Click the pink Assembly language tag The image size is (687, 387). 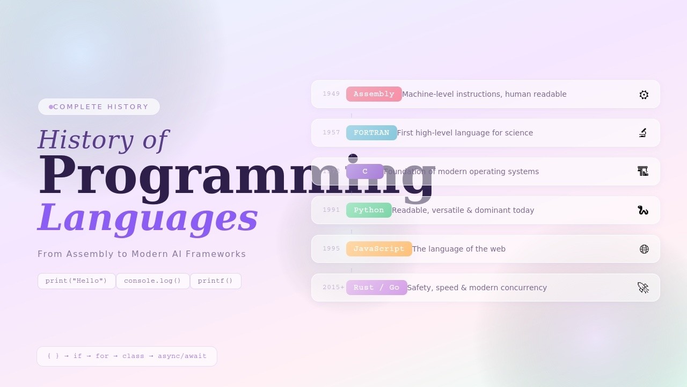374,94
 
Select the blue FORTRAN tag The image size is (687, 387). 371,133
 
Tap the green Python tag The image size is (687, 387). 369,210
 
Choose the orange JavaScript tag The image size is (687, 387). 379,249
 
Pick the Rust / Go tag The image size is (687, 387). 376,288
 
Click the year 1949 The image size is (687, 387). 331,94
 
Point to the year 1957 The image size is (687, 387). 331,133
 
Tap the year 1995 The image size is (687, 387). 331,249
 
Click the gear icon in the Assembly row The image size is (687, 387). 644,95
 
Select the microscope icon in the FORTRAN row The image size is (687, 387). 643,133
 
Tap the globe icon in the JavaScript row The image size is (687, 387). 644,249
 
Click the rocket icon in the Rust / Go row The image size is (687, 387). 643,288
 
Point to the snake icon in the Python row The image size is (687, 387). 643,210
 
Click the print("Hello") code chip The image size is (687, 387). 76,281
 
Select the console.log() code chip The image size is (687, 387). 152,281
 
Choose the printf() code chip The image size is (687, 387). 215,281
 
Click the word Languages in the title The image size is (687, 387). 148,218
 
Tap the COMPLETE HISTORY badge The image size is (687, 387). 99,107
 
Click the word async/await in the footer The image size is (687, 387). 182,356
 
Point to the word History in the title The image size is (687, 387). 86,140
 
